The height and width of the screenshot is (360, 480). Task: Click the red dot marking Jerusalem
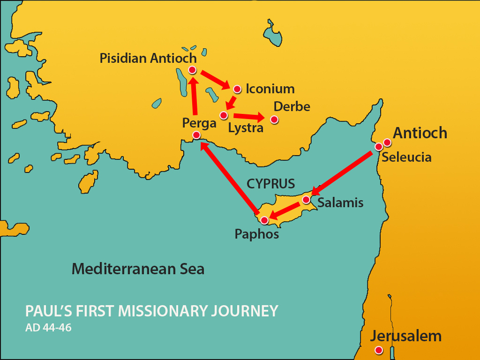click(x=379, y=350)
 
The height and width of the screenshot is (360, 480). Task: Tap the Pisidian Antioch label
click(x=148, y=58)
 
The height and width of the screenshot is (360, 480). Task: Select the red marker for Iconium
click(x=237, y=89)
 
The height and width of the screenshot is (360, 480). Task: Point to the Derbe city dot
click(x=274, y=120)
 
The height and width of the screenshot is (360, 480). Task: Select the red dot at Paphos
click(x=264, y=220)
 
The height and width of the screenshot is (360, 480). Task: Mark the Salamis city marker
click(x=306, y=200)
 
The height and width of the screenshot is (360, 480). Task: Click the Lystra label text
click(x=246, y=127)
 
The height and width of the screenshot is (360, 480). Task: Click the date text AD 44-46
click(x=48, y=328)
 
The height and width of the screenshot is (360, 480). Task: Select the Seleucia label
click(x=406, y=157)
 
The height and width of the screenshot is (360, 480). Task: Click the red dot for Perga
click(x=196, y=135)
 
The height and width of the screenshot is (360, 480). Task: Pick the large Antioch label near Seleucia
click(x=420, y=133)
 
